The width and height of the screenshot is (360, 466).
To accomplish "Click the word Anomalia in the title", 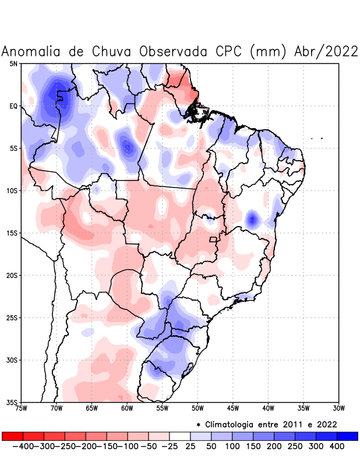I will coord(32,51).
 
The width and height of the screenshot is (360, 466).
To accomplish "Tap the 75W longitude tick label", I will coord(22,408).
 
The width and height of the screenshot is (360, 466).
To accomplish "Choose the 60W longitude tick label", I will coord(128,408).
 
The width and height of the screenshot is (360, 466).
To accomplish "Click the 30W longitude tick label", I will coord(338,408).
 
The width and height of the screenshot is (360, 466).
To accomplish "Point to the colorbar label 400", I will coord(337,446).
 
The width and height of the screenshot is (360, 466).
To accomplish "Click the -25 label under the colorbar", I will coord(170,446).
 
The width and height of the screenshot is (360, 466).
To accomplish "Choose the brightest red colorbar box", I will coord(13,436).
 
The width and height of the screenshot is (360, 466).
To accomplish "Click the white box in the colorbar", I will coord(180,436).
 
